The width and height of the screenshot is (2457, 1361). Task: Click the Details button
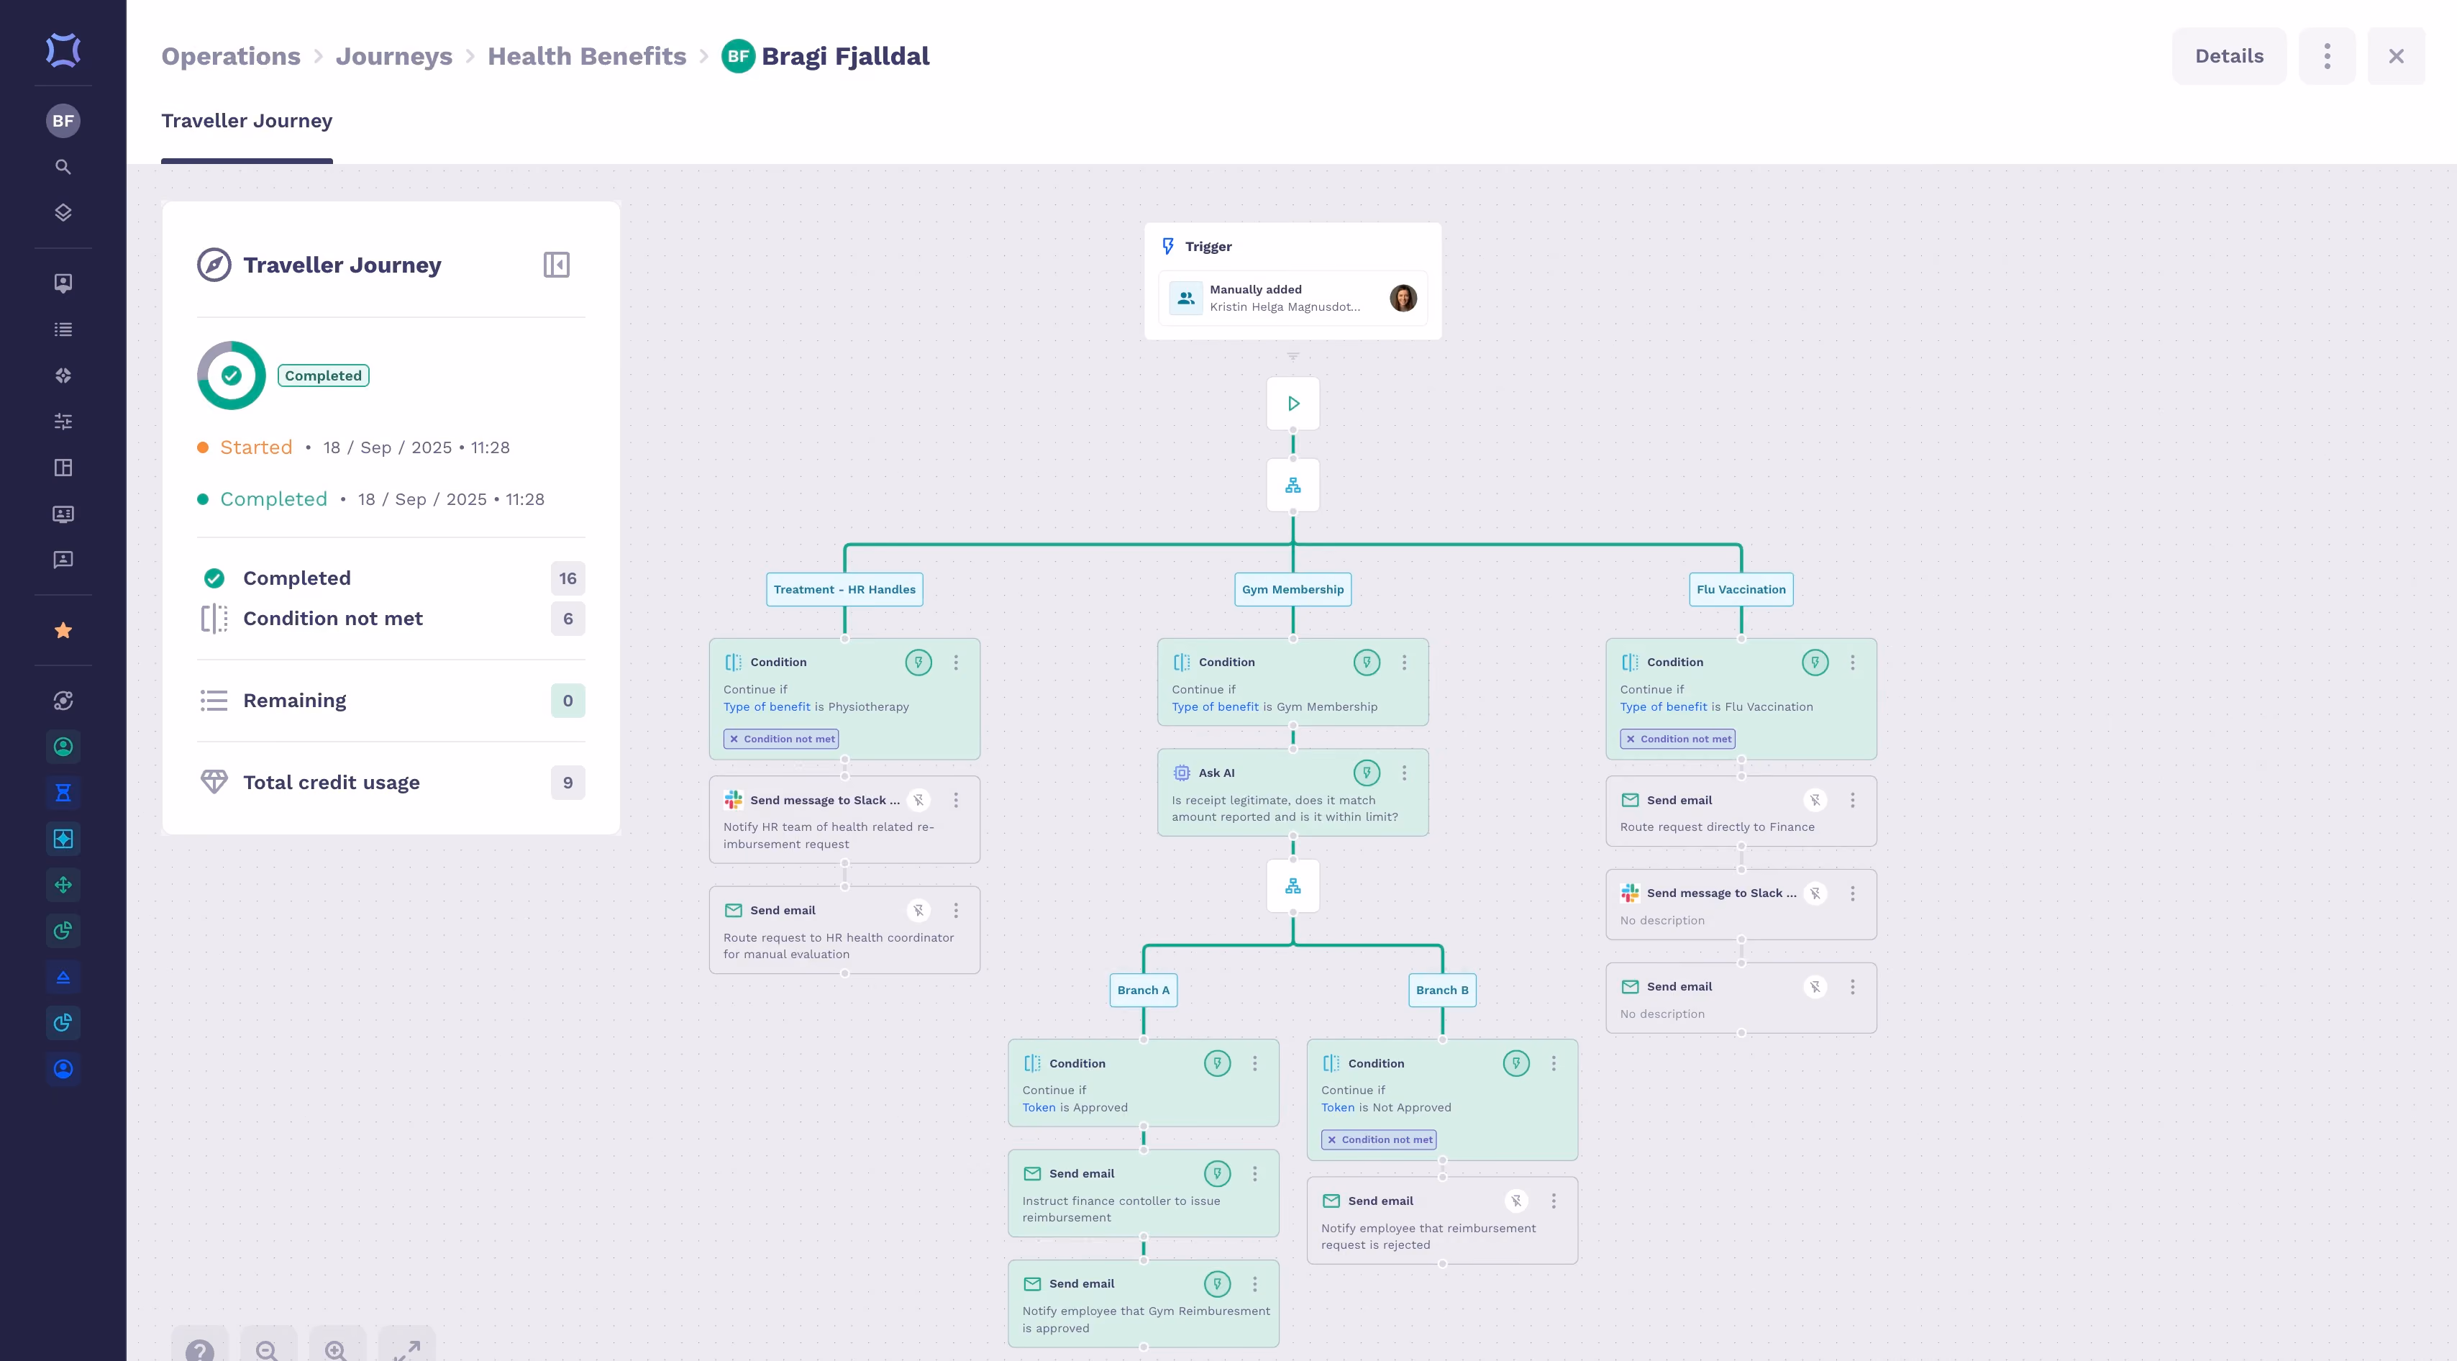point(2229,56)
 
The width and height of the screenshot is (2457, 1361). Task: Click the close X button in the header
point(2396,56)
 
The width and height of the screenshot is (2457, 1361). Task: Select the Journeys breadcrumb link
point(394,56)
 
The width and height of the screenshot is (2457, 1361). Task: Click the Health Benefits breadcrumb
point(587,56)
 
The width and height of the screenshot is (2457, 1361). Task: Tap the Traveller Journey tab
point(247,121)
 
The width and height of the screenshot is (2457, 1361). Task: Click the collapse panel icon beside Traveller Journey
point(556,265)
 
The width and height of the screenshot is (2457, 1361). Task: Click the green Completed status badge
point(324,375)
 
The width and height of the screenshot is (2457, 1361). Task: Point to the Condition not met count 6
point(567,619)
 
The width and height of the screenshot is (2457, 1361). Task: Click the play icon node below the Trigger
point(1293,404)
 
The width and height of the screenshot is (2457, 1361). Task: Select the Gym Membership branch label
point(1293,589)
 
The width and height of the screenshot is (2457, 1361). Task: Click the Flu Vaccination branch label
point(1741,589)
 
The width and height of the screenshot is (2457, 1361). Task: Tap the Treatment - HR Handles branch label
point(844,589)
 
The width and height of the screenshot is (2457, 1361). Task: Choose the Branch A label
point(1143,990)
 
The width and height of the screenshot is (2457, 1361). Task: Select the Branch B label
point(1442,990)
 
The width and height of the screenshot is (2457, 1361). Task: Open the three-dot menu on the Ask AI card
point(1404,773)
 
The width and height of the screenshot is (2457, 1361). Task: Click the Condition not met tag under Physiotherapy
point(781,739)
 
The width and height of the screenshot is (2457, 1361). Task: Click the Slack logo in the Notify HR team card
point(732,800)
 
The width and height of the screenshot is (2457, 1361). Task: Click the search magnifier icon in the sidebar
point(63,167)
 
